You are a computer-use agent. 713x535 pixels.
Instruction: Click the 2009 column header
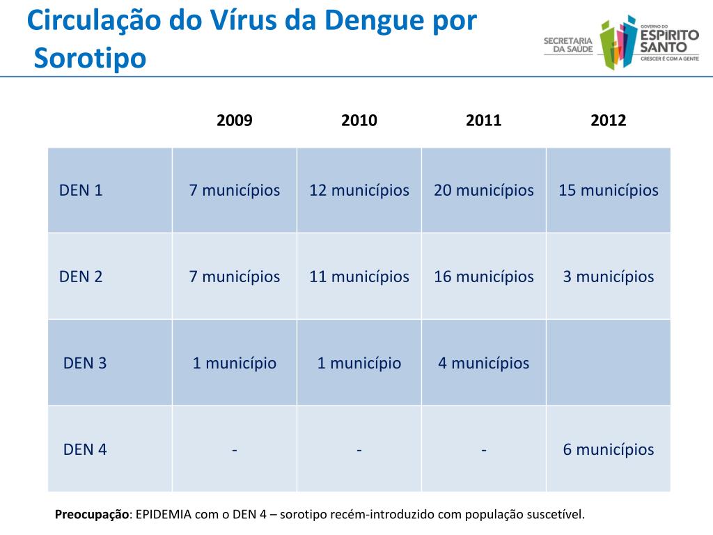coord(235,121)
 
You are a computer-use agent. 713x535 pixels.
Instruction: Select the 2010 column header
coord(359,121)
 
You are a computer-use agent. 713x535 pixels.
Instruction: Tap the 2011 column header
coord(484,121)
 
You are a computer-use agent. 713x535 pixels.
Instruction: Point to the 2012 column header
coord(609,121)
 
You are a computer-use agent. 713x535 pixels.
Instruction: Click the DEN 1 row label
coord(81,190)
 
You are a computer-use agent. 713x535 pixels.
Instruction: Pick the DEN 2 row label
coord(81,277)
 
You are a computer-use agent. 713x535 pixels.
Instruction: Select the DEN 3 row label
coord(85,363)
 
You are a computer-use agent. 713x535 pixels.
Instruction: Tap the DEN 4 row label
coord(85,449)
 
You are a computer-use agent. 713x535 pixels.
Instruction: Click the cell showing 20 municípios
coord(484,190)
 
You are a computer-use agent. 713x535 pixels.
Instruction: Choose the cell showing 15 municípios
coord(609,190)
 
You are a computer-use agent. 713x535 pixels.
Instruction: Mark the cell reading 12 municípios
coord(359,190)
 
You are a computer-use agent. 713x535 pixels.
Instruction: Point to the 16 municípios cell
coord(484,277)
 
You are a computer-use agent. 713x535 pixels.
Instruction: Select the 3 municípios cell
coord(609,277)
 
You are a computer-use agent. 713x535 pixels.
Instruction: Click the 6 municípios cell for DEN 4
coord(609,449)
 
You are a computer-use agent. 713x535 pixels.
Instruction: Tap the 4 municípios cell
coord(484,363)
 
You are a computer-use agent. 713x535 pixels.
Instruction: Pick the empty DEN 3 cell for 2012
coord(609,363)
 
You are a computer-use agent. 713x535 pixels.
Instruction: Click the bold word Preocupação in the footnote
coord(92,515)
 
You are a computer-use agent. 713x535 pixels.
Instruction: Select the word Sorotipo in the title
coord(91,59)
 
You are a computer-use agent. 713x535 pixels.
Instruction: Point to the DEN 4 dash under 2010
coord(359,449)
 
